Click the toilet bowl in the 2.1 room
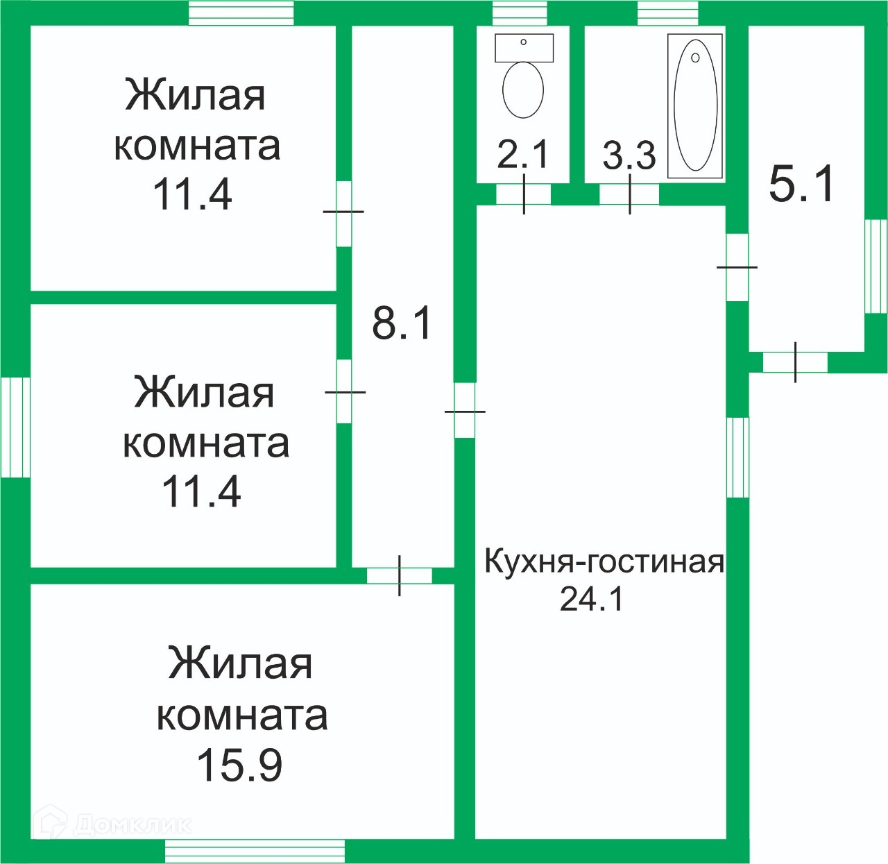tap(522, 90)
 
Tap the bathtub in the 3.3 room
tap(695, 105)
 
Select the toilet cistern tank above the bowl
tap(524, 47)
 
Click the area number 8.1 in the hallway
tap(402, 323)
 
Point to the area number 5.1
tap(801, 185)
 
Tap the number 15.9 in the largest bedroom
tap(239, 765)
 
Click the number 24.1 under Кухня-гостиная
tap(592, 598)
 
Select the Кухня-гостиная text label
tap(604, 561)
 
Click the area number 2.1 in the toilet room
tap(522, 154)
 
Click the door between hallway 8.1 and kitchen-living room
tap(465, 411)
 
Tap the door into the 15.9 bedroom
tap(400, 575)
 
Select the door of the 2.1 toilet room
tap(524, 194)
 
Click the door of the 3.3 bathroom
tap(629, 194)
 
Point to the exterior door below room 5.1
tap(795, 362)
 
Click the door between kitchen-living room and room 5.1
tap(737, 267)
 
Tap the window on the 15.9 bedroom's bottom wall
tap(255, 851)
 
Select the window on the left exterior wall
tap(15, 427)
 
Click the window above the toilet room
tap(520, 13)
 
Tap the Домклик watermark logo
tap(114, 824)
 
